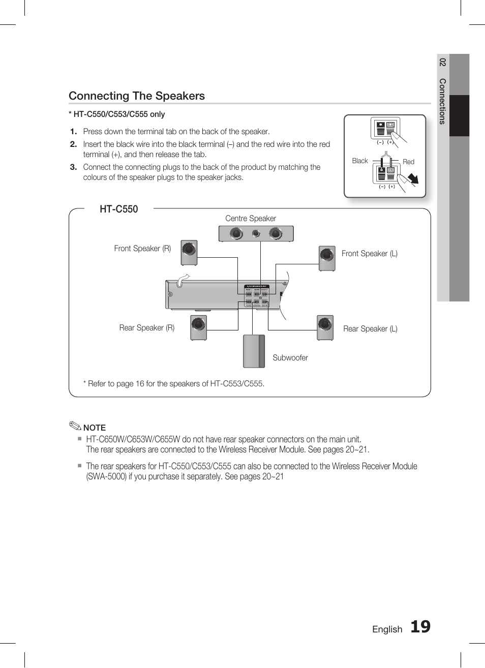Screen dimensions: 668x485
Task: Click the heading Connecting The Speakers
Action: click(137, 96)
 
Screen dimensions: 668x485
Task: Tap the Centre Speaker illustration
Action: click(256, 234)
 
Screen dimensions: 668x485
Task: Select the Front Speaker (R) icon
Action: click(189, 253)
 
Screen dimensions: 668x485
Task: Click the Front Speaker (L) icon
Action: click(327, 258)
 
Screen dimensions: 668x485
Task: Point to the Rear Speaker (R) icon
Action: click(198, 327)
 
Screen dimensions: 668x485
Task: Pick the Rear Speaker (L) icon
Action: click(325, 327)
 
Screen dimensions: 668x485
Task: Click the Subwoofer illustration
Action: click(254, 351)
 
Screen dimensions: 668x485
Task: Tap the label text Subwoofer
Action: click(290, 358)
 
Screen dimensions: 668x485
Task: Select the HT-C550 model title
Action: click(118, 209)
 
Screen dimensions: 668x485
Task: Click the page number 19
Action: click(420, 627)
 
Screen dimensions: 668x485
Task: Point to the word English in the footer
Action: click(387, 629)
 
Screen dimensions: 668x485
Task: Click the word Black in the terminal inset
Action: click(359, 161)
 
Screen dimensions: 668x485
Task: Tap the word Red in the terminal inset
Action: click(408, 162)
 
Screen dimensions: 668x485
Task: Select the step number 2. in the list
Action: click(73, 144)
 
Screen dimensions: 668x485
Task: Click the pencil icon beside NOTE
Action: click(75, 426)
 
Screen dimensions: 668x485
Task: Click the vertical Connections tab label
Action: click(442, 101)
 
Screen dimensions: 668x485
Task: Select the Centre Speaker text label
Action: click(251, 219)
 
